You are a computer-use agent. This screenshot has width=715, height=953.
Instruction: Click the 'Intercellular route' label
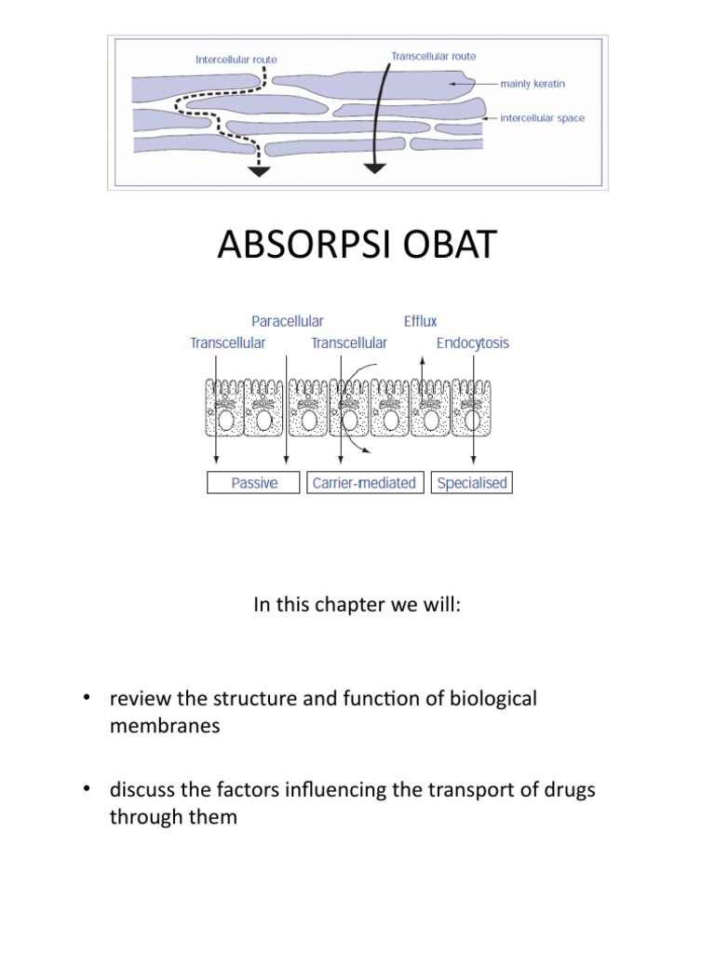(x=236, y=60)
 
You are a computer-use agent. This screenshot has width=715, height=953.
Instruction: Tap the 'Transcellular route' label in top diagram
(x=433, y=56)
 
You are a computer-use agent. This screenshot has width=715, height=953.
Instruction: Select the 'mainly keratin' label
(x=533, y=84)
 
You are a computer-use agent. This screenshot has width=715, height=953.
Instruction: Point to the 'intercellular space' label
(x=543, y=118)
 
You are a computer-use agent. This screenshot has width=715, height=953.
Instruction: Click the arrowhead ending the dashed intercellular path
(x=258, y=170)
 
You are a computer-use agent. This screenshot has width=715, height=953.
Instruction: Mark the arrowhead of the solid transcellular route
(x=374, y=168)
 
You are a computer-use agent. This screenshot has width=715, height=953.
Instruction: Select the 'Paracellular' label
(x=288, y=322)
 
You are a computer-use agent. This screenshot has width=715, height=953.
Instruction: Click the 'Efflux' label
(x=420, y=322)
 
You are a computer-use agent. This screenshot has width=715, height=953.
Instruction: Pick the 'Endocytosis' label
(x=473, y=342)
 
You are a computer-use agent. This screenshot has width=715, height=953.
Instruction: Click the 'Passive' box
(x=254, y=484)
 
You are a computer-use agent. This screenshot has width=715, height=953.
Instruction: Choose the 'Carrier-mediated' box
(x=364, y=484)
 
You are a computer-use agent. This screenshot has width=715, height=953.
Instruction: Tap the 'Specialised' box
(x=471, y=484)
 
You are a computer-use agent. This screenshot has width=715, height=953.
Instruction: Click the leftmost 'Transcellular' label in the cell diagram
(x=227, y=342)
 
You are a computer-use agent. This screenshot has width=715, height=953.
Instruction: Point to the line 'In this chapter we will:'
(x=357, y=605)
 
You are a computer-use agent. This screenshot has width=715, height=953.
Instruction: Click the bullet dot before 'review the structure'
(x=87, y=699)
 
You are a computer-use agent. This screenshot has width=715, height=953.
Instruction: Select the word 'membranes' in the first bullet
(x=164, y=727)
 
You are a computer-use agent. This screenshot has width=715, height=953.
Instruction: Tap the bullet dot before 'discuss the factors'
(x=87, y=790)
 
